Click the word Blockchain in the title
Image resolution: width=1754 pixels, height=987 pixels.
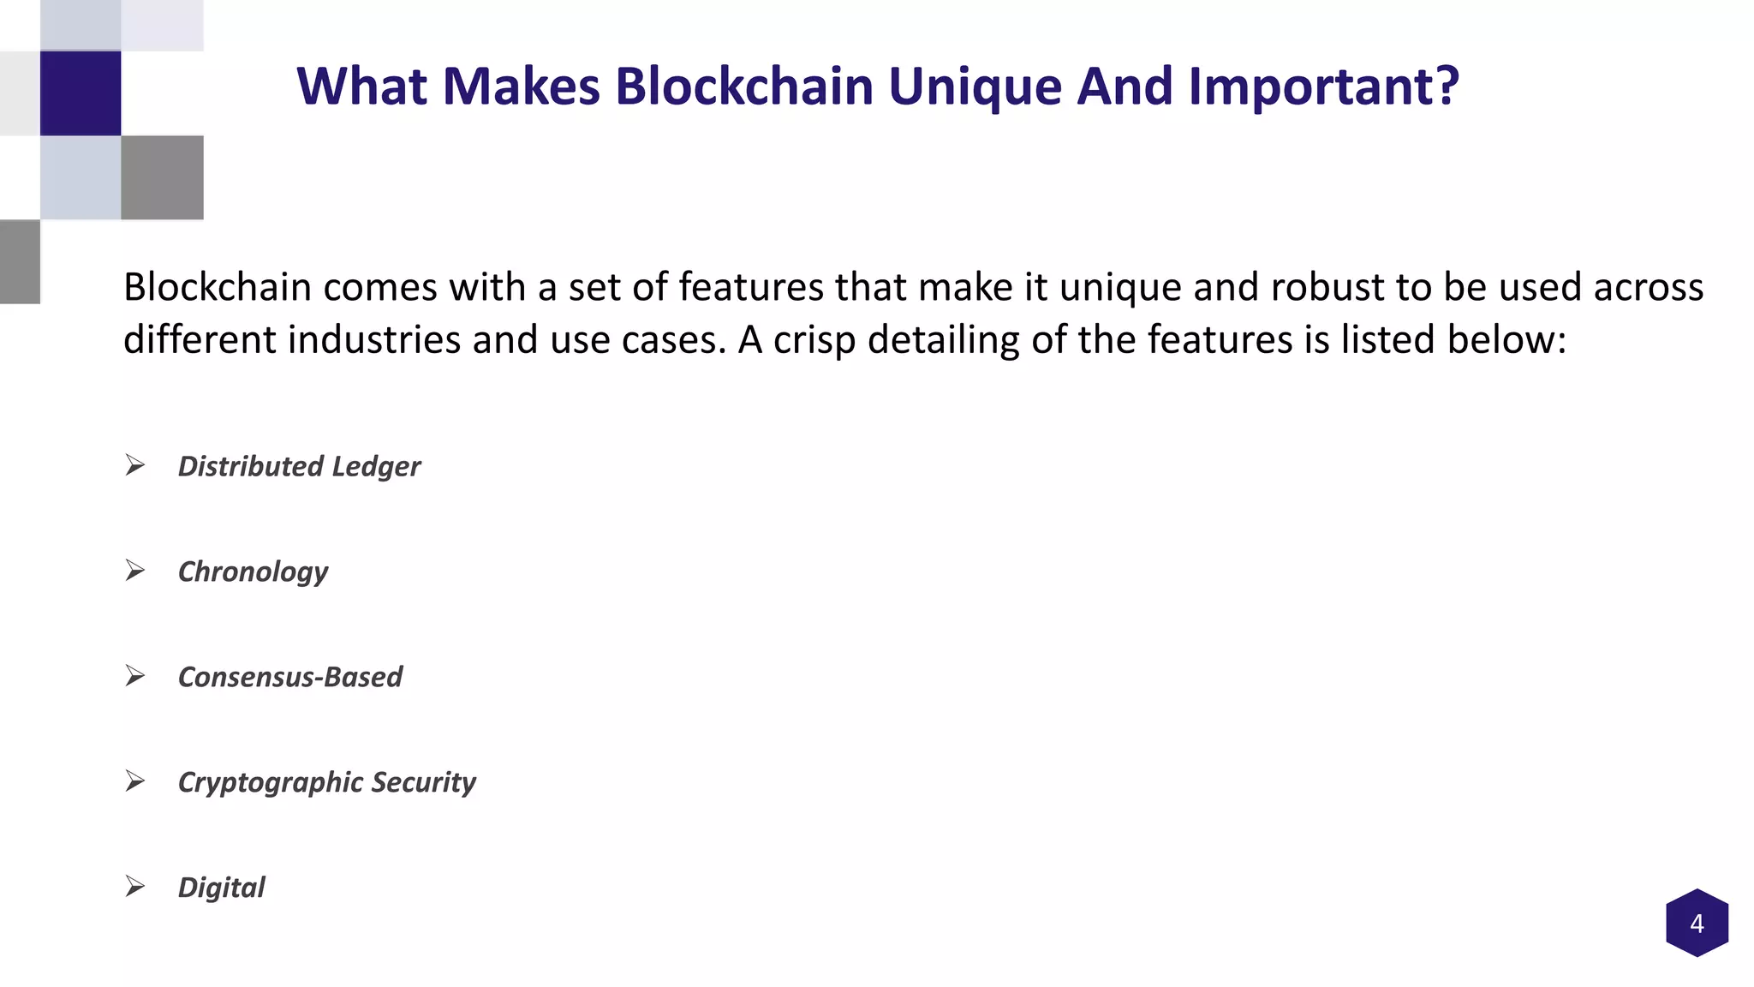743,87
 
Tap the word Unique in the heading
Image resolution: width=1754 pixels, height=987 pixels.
975,87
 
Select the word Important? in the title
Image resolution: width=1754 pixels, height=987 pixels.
1323,87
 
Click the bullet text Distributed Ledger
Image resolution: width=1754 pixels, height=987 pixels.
299,466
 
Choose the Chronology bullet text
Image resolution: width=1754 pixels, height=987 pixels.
253,571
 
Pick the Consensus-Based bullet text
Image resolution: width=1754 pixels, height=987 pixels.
289,677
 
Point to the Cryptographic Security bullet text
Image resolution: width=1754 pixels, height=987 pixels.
326,782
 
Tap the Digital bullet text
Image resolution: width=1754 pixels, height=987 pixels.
221,888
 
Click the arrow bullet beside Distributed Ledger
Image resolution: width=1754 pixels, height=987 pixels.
134,465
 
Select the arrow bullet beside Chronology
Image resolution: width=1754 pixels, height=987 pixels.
134,571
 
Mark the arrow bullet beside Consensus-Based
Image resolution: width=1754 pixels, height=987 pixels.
134,676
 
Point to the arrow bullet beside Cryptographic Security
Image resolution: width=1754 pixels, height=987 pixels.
134,781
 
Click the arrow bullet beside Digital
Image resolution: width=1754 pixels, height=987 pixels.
134,887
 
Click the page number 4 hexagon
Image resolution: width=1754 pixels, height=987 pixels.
1697,924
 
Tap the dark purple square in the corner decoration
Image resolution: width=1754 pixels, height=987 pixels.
81,93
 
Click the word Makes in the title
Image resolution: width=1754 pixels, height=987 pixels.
520,87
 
